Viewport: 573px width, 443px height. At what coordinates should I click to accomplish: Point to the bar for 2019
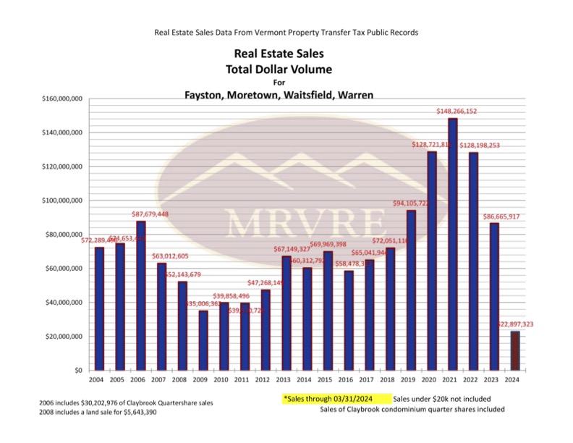click(x=411, y=290)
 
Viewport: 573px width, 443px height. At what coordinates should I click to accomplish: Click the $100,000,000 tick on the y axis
click(x=61, y=201)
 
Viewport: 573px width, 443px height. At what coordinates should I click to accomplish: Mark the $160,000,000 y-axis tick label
click(x=61, y=98)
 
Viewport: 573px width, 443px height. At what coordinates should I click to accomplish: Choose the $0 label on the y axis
click(x=75, y=370)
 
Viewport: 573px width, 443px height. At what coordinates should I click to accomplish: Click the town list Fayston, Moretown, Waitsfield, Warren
click(x=279, y=95)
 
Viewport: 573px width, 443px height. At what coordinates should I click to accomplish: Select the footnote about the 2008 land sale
click(x=101, y=412)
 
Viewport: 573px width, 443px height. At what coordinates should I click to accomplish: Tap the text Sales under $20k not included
click(x=442, y=399)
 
